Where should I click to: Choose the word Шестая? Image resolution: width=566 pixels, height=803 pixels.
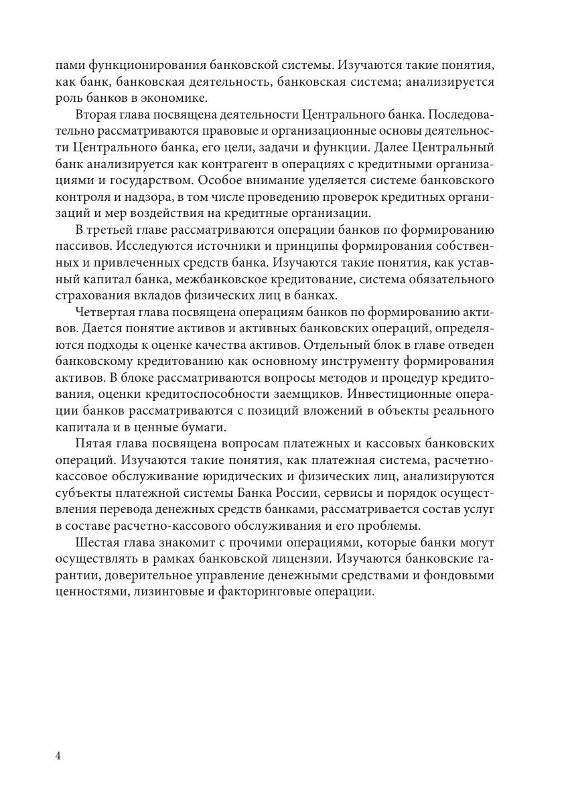(x=98, y=540)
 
